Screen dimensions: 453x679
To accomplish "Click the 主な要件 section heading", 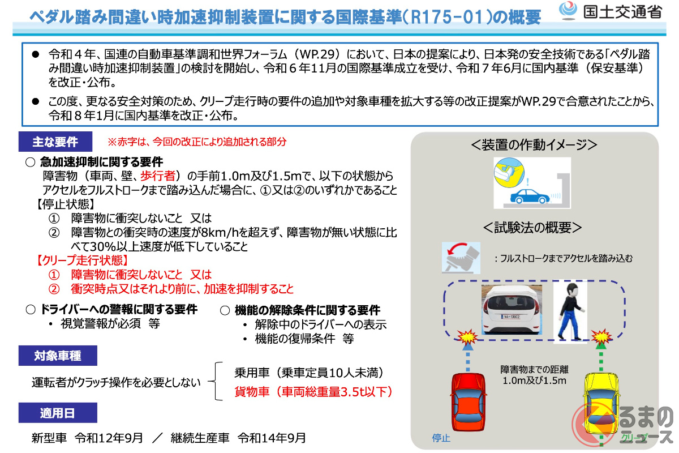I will [55, 142].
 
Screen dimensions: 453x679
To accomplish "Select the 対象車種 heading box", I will [57, 356].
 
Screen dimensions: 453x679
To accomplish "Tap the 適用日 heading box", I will [57, 413].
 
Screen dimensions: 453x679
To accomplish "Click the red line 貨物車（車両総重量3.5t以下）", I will [313, 391].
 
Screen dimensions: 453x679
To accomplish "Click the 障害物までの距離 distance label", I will [534, 369].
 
